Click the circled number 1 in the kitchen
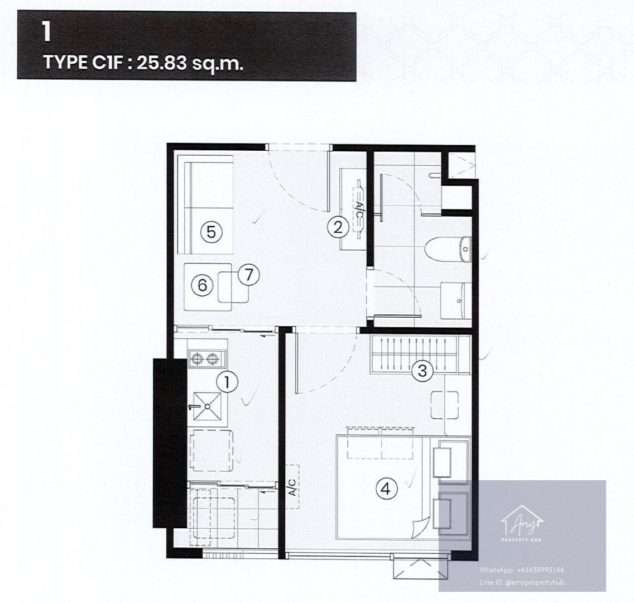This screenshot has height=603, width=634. (x=227, y=382)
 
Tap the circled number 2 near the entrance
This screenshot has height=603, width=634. (x=338, y=227)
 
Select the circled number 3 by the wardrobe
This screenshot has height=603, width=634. (x=422, y=371)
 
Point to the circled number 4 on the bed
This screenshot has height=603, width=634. (x=387, y=489)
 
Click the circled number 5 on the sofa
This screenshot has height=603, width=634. (x=212, y=232)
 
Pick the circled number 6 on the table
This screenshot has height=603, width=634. (x=202, y=285)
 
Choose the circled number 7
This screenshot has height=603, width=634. (x=249, y=275)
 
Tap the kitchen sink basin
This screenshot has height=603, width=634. (x=207, y=406)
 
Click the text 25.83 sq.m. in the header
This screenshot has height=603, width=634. (x=190, y=63)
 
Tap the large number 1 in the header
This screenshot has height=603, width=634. (x=47, y=32)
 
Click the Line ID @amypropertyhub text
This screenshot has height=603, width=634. (x=522, y=582)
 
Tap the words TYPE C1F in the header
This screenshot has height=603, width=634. (x=83, y=63)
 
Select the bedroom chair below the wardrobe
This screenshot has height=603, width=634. (x=445, y=405)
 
